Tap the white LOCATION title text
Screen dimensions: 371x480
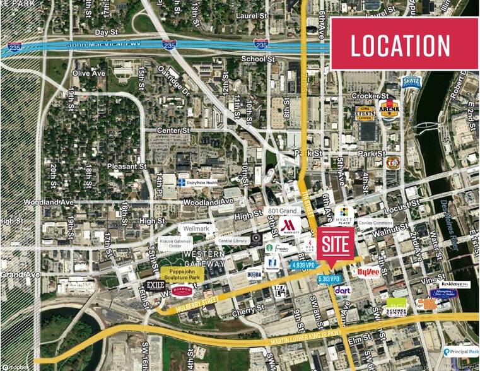tap(401, 45)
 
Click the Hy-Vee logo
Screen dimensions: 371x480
tap(368, 272)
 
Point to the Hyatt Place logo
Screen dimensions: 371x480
tap(344, 216)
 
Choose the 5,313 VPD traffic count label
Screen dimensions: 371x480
tap(330, 278)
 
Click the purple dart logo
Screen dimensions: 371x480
tap(342, 290)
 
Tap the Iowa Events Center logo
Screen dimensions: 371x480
tap(364, 113)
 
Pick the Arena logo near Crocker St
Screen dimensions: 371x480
tap(389, 110)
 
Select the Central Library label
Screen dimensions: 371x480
tap(233, 240)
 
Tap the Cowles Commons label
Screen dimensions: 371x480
tap(375, 223)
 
